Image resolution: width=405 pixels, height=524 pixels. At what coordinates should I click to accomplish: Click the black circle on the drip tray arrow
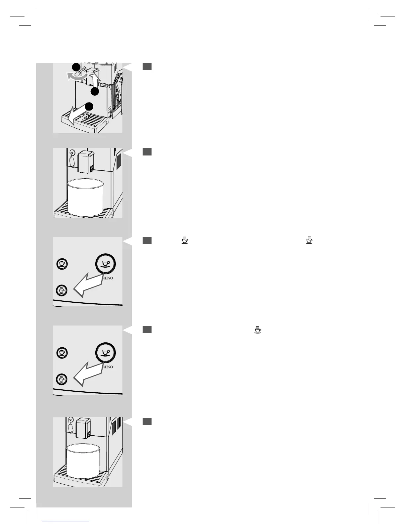[x=89, y=106]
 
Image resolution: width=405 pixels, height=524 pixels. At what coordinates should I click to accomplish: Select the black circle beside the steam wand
[x=76, y=66]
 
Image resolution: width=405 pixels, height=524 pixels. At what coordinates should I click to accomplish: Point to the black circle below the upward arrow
[x=95, y=92]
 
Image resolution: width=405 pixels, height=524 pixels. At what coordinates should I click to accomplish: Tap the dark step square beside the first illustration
[x=147, y=66]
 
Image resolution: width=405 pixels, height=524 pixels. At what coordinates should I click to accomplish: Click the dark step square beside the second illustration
[x=147, y=152]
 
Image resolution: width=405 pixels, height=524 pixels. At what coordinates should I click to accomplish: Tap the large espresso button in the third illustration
[x=106, y=264]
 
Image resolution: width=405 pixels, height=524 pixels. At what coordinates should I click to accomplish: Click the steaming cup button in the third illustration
[x=62, y=290]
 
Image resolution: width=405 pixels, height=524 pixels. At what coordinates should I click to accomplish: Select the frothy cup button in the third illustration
[x=62, y=264]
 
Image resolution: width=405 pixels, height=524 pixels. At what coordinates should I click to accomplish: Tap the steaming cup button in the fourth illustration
[x=62, y=379]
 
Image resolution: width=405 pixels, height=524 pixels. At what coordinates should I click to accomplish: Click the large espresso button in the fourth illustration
[x=106, y=352]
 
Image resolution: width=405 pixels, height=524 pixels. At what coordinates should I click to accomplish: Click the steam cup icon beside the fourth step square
[x=258, y=329]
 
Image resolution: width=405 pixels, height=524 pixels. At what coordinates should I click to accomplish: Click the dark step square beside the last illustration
[x=147, y=421]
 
